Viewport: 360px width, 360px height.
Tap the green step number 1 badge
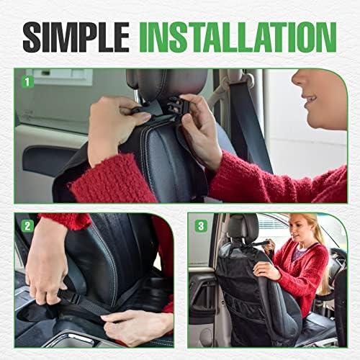pyautogui.click(x=28, y=81)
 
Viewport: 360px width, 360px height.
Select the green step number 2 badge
pyautogui.click(x=28, y=225)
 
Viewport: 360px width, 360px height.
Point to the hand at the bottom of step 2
pyautogui.click(x=137, y=324)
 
